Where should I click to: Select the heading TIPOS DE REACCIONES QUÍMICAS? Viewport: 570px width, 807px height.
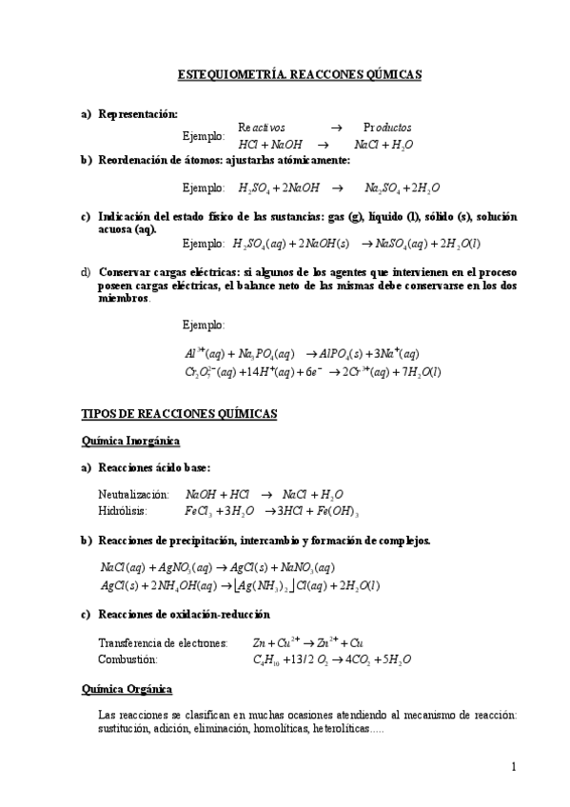pos(180,414)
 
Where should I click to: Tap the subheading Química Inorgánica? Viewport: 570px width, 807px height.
pos(131,441)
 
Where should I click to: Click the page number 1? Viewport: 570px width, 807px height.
pos(513,767)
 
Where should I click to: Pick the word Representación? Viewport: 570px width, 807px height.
pos(138,113)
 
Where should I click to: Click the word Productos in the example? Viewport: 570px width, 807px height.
pos(388,128)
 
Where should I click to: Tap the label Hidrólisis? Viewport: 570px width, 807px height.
pos(122,510)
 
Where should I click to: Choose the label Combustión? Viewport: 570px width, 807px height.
pos(128,659)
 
